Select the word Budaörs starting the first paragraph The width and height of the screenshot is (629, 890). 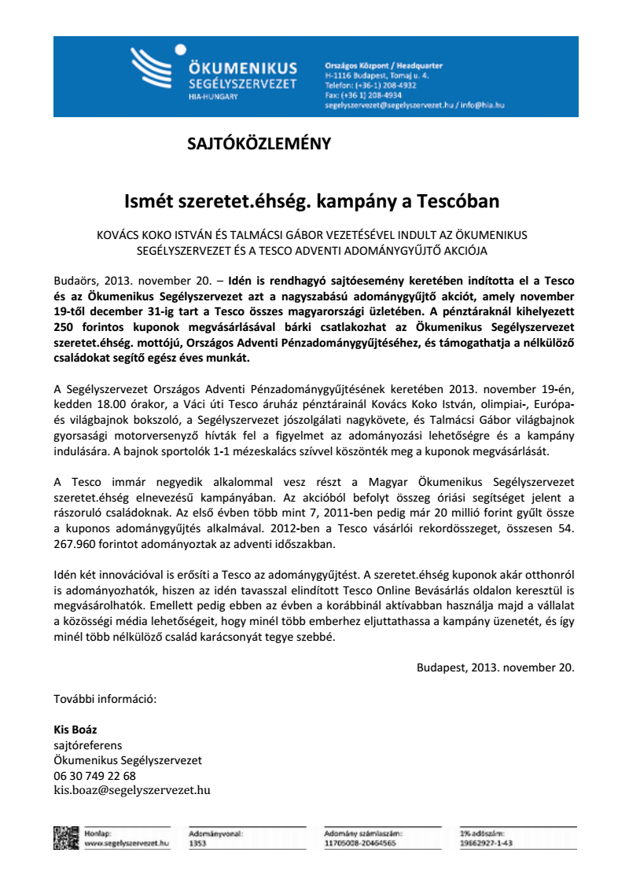75,281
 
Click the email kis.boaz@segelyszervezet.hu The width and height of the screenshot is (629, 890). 131,790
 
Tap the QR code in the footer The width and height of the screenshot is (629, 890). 65,837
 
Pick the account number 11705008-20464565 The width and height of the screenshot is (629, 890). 360,843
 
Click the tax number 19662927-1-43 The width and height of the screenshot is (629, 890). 486,843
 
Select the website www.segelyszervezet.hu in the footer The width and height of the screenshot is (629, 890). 126,843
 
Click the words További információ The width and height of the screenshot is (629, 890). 105,699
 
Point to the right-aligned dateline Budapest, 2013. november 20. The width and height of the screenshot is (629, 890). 495,667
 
